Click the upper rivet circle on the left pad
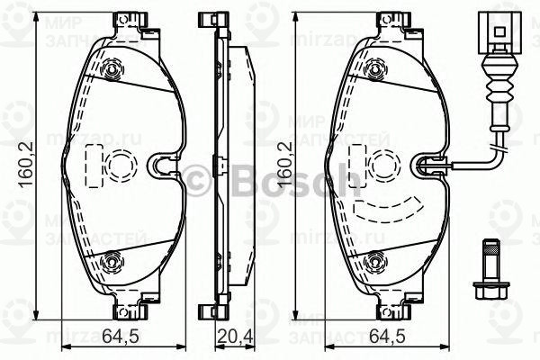(112, 69)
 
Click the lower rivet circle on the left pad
(112, 263)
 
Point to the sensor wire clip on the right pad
(433, 164)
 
